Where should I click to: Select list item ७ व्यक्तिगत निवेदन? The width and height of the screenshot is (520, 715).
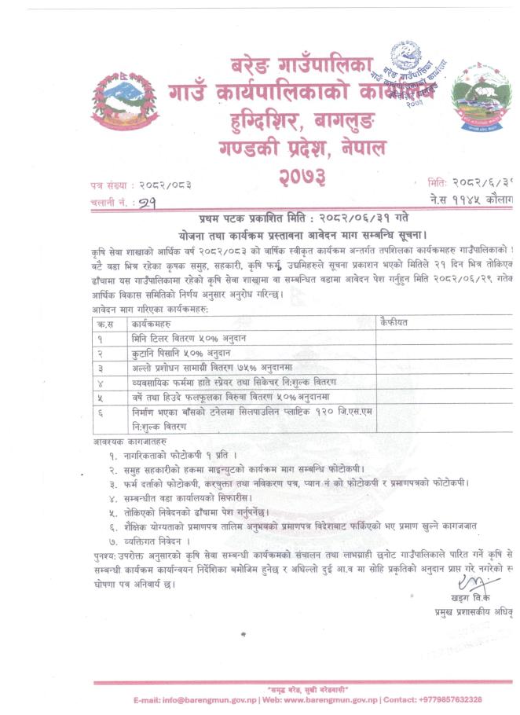(149, 541)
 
